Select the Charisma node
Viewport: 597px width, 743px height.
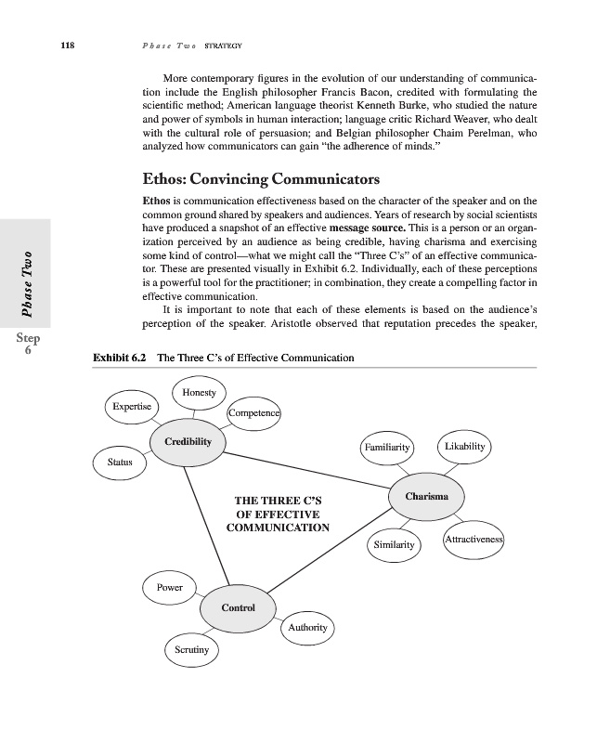(x=427, y=497)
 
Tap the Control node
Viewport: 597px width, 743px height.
(x=238, y=607)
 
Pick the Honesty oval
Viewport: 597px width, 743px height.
(x=200, y=393)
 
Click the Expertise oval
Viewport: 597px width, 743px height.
(x=132, y=408)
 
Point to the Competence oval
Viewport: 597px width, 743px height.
(x=254, y=413)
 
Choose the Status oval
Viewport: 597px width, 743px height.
(x=120, y=462)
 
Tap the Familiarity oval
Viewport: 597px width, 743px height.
(x=388, y=448)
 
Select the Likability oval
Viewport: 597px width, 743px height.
(x=464, y=447)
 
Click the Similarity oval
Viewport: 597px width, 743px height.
(x=394, y=544)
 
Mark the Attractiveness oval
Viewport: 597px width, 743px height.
(x=474, y=540)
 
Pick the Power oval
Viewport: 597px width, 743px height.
(x=169, y=587)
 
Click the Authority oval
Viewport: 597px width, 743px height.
(x=307, y=628)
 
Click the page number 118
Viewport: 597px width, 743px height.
(x=67, y=46)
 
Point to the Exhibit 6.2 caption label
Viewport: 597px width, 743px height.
(x=116, y=358)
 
